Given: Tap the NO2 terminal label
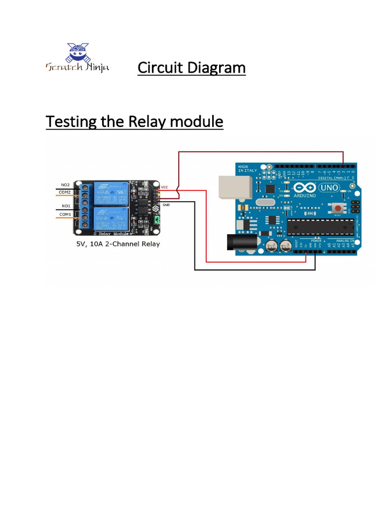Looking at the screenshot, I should coord(65,185).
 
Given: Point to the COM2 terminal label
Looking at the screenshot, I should coord(65,192).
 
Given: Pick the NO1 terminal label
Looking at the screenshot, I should coord(65,206).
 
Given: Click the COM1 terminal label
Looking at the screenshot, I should coord(65,213).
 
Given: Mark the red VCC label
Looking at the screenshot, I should coord(165,187).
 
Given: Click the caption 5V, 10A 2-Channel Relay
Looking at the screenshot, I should coord(118,244).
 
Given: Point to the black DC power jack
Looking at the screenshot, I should coord(236,242).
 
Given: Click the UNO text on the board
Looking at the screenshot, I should coord(330,188).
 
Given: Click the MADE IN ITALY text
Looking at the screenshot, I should coord(248,169).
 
